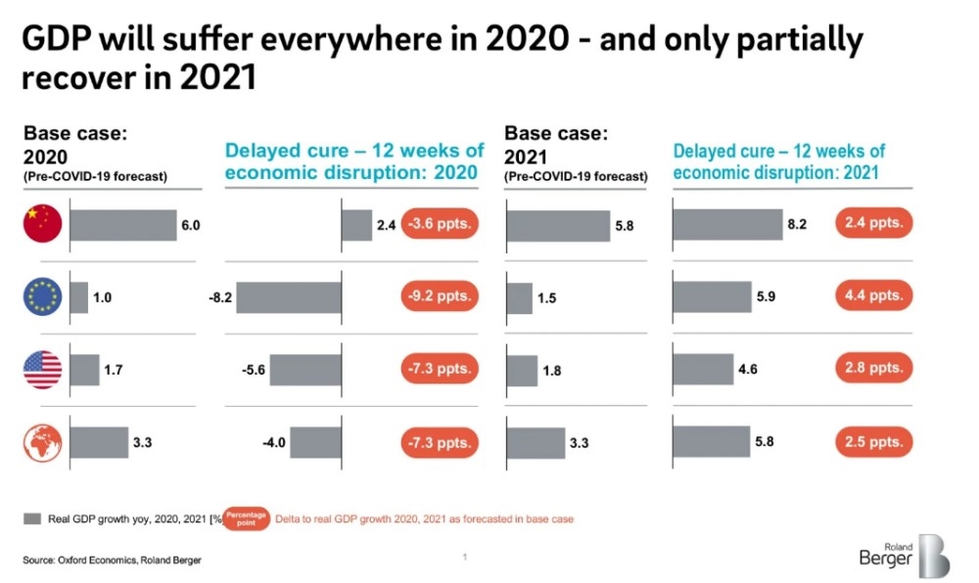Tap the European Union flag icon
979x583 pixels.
pyautogui.click(x=42, y=297)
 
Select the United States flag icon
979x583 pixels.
pyautogui.click(x=42, y=370)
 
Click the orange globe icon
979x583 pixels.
pyautogui.click(x=42, y=442)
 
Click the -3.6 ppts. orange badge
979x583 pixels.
pyautogui.click(x=440, y=225)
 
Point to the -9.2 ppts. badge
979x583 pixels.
pyautogui.click(x=440, y=295)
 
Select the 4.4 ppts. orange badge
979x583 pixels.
pyautogui.click(x=873, y=295)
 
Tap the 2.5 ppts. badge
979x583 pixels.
pyautogui.click(x=873, y=442)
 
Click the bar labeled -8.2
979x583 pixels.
pyautogui.click(x=289, y=296)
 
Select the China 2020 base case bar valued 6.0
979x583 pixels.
pyautogui.click(x=122, y=225)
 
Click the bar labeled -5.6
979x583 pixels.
pyautogui.click(x=307, y=370)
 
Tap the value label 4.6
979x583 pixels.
pyautogui.click(x=747, y=370)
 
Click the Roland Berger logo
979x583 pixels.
pyautogui.click(x=904, y=556)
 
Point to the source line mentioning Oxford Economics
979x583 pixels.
pyautogui.click(x=114, y=560)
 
